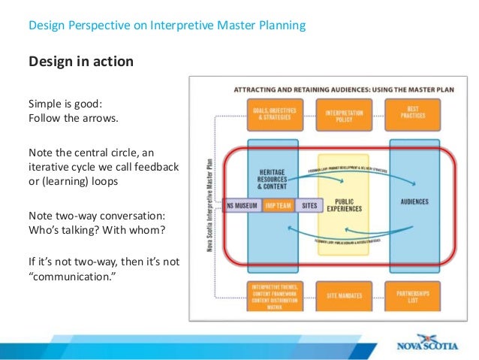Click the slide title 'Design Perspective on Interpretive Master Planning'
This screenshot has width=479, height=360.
click(167, 26)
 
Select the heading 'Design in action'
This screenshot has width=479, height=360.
click(81, 61)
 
